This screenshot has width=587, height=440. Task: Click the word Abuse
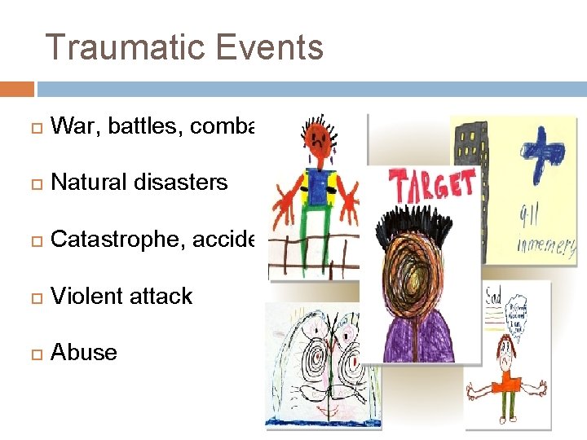click(x=83, y=353)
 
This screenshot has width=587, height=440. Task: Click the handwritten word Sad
click(x=493, y=294)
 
